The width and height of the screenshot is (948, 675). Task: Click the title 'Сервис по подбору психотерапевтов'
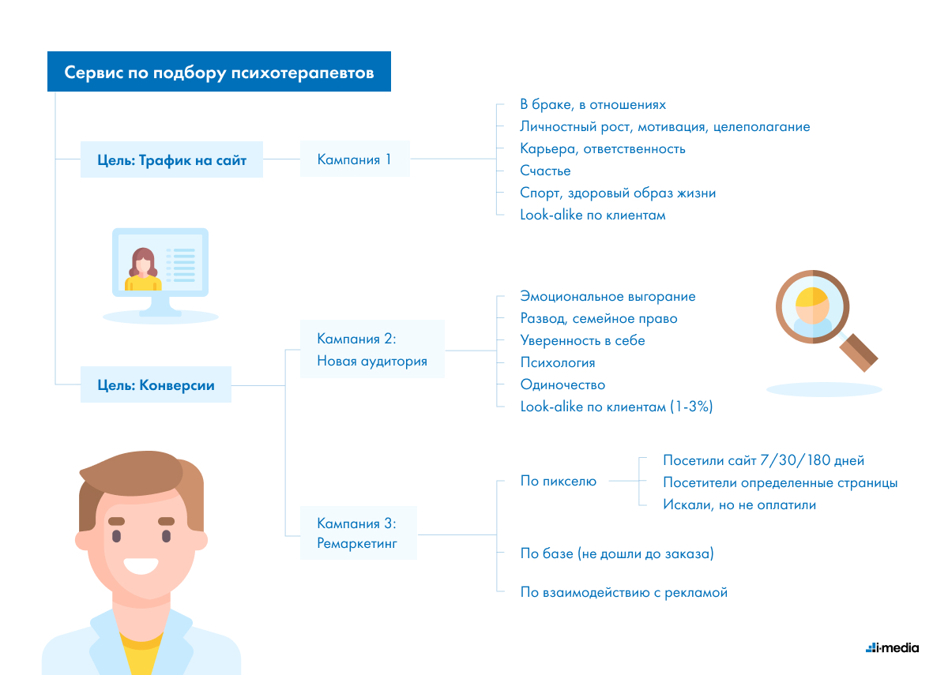[x=219, y=72]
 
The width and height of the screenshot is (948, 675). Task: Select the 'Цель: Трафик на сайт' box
[x=171, y=159]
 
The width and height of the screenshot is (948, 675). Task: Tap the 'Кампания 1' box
[x=355, y=159]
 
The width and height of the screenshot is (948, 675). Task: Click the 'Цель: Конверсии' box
[x=156, y=384]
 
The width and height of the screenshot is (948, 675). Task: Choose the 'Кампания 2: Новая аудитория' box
[x=372, y=349]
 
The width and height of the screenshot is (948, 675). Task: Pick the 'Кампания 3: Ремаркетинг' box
[x=359, y=533]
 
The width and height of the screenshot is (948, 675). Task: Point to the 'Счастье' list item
[x=545, y=171]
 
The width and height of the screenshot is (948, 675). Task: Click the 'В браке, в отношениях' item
[x=592, y=104]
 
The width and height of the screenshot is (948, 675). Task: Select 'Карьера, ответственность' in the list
[x=602, y=148]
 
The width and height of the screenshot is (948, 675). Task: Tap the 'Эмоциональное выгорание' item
[x=608, y=296]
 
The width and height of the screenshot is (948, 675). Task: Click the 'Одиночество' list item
[x=562, y=384]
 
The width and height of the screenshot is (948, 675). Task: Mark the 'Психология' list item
[x=558, y=362]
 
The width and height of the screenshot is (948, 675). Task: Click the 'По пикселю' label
[x=559, y=481]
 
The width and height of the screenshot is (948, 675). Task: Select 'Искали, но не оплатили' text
[x=739, y=504]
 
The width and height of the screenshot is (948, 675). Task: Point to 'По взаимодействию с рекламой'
[x=624, y=592]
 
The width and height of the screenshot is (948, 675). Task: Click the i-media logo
[x=892, y=648]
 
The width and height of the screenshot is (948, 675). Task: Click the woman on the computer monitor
[x=143, y=269]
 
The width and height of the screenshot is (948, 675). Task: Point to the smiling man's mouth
[x=141, y=566]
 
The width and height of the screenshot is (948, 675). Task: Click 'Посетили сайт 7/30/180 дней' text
[x=763, y=460]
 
